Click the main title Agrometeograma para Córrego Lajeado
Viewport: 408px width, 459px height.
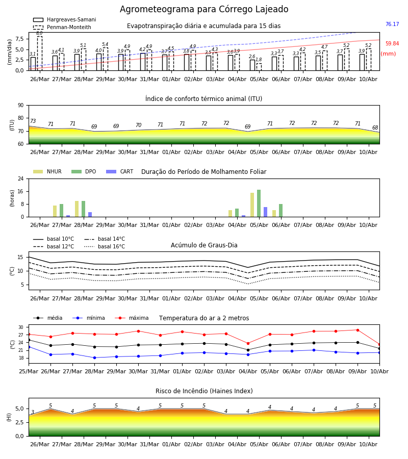[204, 9]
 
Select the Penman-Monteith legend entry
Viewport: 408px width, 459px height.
[62, 27]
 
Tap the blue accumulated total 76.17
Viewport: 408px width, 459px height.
[392, 24]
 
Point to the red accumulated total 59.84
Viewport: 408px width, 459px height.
[392, 43]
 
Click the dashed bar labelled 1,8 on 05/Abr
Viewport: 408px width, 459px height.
[259, 67]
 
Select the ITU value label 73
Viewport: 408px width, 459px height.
[33, 121]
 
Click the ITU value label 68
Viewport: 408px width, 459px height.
[375, 127]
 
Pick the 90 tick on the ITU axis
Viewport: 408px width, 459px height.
[21, 106]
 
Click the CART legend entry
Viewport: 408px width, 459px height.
[120, 171]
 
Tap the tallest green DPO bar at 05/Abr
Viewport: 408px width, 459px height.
[259, 203]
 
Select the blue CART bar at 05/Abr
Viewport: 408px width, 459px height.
[266, 212]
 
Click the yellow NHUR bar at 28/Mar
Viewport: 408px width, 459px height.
[76, 209]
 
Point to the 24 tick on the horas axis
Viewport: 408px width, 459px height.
[21, 178]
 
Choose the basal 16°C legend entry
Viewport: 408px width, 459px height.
[105, 246]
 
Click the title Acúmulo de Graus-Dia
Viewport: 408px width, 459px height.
[204, 245]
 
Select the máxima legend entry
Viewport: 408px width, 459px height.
[132, 318]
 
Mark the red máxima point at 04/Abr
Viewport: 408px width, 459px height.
[248, 343]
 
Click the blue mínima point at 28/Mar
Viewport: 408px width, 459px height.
[94, 358]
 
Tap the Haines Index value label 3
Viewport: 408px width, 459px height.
[33, 412]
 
